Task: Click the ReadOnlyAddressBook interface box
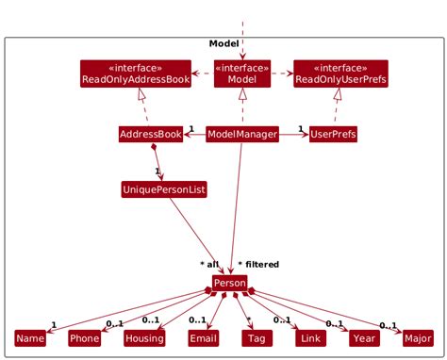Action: click(x=136, y=74)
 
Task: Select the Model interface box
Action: click(x=242, y=74)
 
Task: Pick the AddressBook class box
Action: click(x=151, y=135)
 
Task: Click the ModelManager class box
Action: click(x=242, y=135)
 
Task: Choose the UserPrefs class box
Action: click(x=333, y=135)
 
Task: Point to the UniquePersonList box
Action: click(x=164, y=189)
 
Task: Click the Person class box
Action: click(x=229, y=283)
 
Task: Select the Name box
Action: click(x=30, y=338)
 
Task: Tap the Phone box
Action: click(x=84, y=338)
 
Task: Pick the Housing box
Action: click(x=144, y=338)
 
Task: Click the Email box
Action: click(x=203, y=338)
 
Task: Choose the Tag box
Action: click(x=256, y=338)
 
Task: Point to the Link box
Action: click(x=307, y=338)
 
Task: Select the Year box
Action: click(x=362, y=338)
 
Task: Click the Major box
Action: click(x=416, y=338)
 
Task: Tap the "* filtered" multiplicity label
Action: click(x=258, y=265)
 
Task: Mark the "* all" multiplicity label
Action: click(x=208, y=265)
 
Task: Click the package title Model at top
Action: click(x=223, y=44)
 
